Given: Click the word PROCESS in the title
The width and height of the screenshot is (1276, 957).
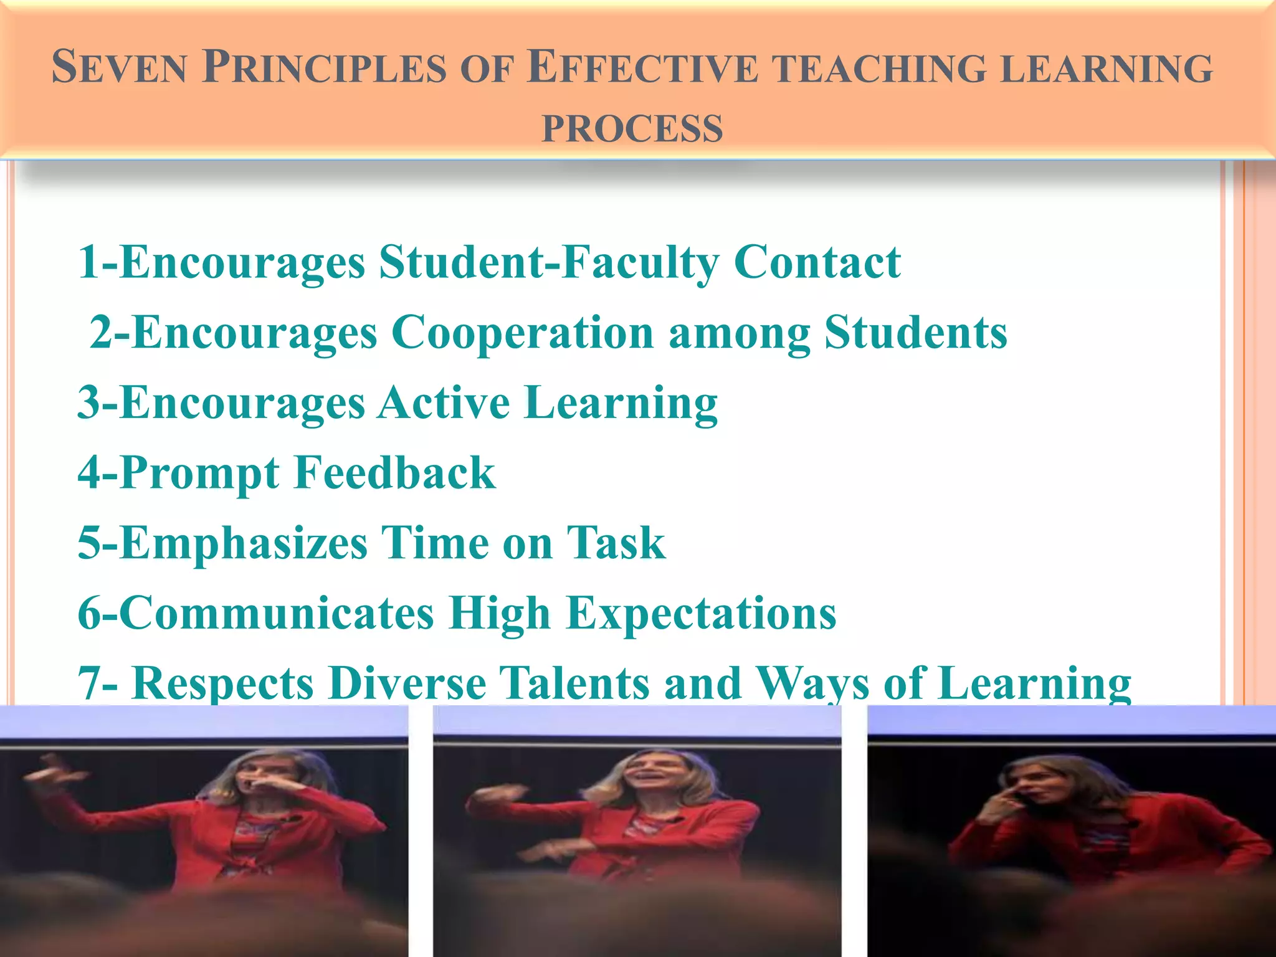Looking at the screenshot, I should pos(632,129).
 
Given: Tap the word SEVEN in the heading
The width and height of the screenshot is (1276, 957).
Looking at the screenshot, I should pos(119,67).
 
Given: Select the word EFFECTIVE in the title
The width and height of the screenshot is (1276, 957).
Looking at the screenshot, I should pos(642,67).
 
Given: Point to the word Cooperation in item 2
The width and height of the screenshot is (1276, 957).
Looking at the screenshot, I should pos(523,332).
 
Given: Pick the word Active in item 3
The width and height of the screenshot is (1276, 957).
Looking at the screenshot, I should pos(444,402).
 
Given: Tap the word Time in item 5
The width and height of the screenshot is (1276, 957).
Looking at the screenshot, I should pos(434,543).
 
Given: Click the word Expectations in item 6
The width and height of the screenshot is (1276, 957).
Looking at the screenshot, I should pos(701,613).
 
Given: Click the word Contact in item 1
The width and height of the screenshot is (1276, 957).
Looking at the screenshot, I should pos(817,262).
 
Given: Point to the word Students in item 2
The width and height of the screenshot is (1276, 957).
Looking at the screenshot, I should pos(915,332).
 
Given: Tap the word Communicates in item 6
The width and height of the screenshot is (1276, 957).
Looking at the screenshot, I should pos(256,613).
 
